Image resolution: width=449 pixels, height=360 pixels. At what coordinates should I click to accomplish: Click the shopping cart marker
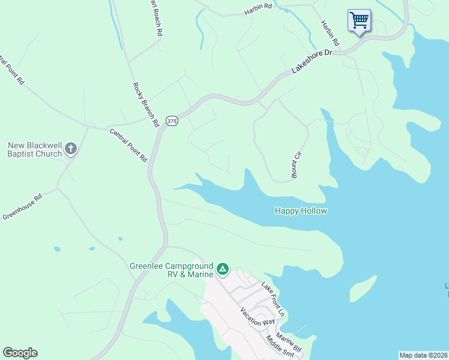359,20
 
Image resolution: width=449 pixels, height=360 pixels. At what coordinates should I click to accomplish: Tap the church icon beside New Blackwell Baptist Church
71,149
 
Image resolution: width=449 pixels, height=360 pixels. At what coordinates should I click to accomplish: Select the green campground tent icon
222,269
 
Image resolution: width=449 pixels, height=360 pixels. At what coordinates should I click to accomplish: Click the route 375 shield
172,121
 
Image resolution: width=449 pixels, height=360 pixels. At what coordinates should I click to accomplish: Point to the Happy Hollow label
301,211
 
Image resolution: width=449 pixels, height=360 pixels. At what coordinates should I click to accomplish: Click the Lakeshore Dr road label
312,62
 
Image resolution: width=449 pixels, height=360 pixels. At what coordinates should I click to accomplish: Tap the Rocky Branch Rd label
145,103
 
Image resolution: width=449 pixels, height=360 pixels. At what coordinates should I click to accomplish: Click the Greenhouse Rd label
22,206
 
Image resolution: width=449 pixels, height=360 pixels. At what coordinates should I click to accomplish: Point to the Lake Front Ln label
272,298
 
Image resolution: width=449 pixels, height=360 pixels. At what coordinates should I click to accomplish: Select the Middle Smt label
281,347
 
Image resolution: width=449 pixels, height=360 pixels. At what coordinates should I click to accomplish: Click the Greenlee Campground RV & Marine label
172,270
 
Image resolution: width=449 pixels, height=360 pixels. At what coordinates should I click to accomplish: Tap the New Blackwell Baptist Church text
35,149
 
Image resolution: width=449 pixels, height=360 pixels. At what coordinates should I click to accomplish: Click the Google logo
20,353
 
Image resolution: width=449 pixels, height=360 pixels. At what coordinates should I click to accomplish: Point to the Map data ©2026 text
423,355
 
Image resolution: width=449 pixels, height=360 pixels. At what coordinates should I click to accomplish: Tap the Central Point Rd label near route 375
127,145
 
